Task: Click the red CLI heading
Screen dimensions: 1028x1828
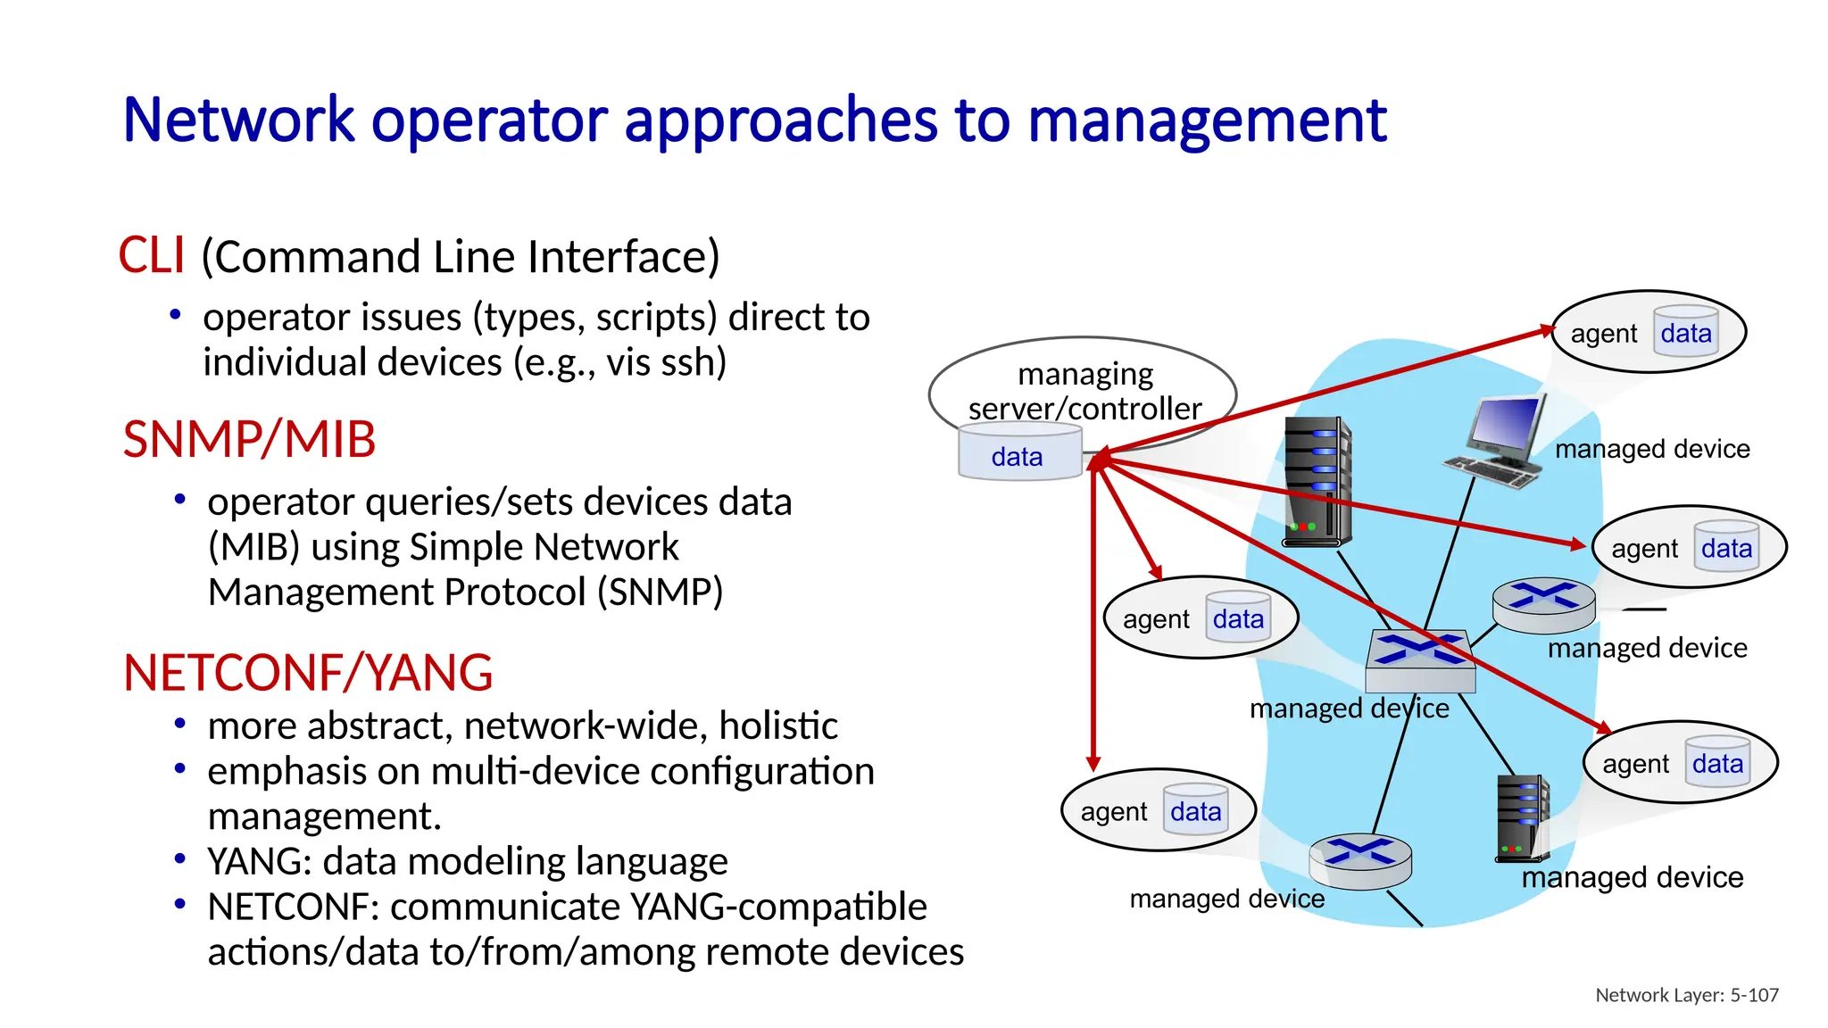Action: pyautogui.click(x=152, y=256)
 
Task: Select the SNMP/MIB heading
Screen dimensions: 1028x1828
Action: pyautogui.click(x=249, y=440)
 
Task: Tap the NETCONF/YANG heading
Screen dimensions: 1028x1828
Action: pyautogui.click(x=308, y=673)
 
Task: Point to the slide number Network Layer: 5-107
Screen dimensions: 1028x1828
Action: pyautogui.click(x=1686, y=995)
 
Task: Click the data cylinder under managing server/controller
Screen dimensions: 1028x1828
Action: pyautogui.click(x=1018, y=453)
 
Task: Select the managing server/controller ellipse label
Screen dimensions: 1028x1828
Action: pyautogui.click(x=1084, y=391)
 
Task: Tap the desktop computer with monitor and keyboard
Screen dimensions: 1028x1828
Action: pyautogui.click(x=1500, y=442)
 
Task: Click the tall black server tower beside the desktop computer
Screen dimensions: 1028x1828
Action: pyautogui.click(x=1317, y=482)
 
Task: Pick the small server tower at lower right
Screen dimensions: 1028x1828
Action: pyautogui.click(x=1522, y=817)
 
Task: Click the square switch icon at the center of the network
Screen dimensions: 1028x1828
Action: pyautogui.click(x=1420, y=661)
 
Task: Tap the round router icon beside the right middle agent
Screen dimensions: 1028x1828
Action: pyautogui.click(x=1543, y=604)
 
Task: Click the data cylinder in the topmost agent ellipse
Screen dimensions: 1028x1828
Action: pyautogui.click(x=1685, y=333)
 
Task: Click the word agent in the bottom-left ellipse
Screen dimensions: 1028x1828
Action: pyautogui.click(x=1113, y=812)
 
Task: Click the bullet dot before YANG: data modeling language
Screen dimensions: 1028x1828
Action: pyautogui.click(x=180, y=859)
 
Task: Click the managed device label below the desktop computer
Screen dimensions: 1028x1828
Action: pyautogui.click(x=1651, y=449)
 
